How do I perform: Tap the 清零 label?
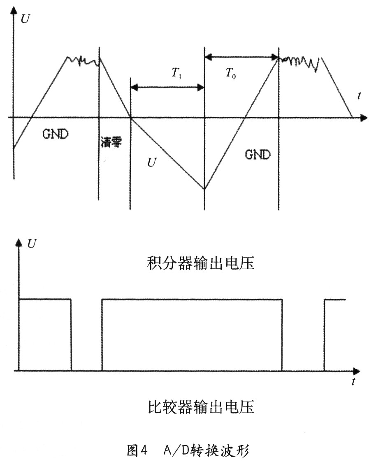111,142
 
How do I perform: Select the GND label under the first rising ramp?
56,134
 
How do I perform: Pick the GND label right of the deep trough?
258,155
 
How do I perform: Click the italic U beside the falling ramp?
151,162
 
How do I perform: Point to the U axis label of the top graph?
26,19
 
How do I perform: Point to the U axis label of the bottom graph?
32,244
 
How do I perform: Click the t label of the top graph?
359,96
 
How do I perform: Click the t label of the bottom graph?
353,381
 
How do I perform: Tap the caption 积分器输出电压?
200,263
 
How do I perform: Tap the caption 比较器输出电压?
200,407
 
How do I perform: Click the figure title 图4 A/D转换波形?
188,450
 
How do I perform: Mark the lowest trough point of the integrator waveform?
204,189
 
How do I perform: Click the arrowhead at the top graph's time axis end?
364,118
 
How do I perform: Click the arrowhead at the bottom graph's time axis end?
357,371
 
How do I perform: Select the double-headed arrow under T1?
167,87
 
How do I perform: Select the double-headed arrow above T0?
241,57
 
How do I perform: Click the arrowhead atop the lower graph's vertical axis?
19,242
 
